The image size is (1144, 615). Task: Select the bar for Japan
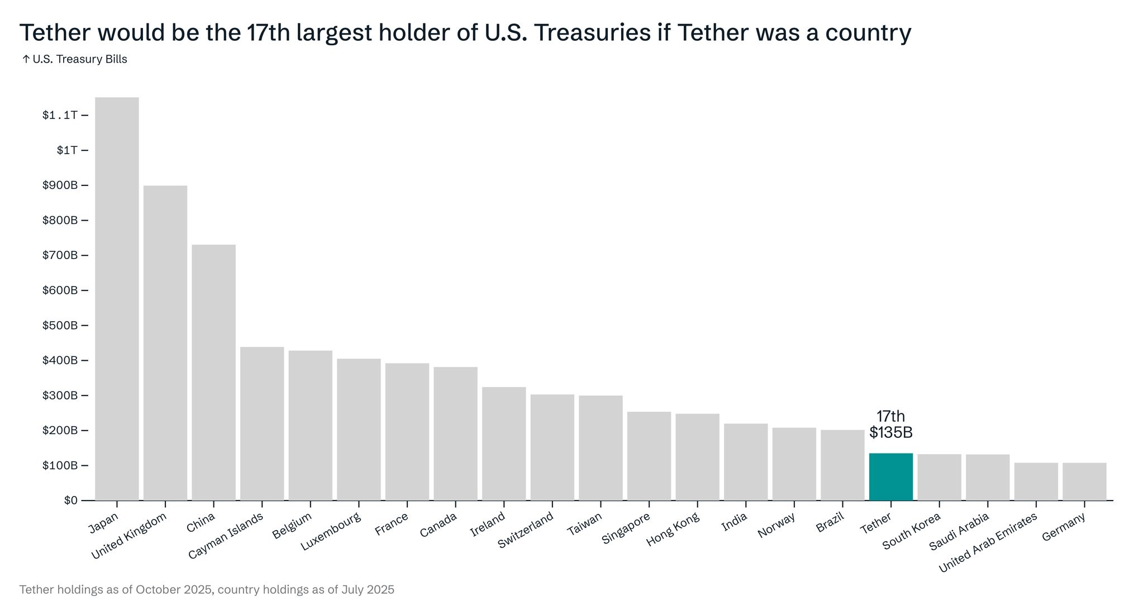[x=117, y=299]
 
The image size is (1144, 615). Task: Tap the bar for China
[x=213, y=372]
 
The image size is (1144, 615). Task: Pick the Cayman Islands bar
[x=262, y=423]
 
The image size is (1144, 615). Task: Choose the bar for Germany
[x=1084, y=481]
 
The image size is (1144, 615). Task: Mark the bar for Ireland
[x=504, y=444]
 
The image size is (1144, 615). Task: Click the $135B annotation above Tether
[x=891, y=433]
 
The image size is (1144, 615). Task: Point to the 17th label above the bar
[x=890, y=417]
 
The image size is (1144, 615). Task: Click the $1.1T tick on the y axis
[x=60, y=116]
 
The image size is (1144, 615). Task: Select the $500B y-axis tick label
[x=60, y=326]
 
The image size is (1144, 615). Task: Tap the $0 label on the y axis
[x=70, y=500]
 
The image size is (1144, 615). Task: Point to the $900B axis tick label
[x=60, y=185]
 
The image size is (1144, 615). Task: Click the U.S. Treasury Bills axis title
[x=79, y=59]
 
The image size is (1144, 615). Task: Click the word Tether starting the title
[x=55, y=33]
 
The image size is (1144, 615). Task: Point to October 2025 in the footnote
[x=174, y=590]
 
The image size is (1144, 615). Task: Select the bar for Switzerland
[x=552, y=447]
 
